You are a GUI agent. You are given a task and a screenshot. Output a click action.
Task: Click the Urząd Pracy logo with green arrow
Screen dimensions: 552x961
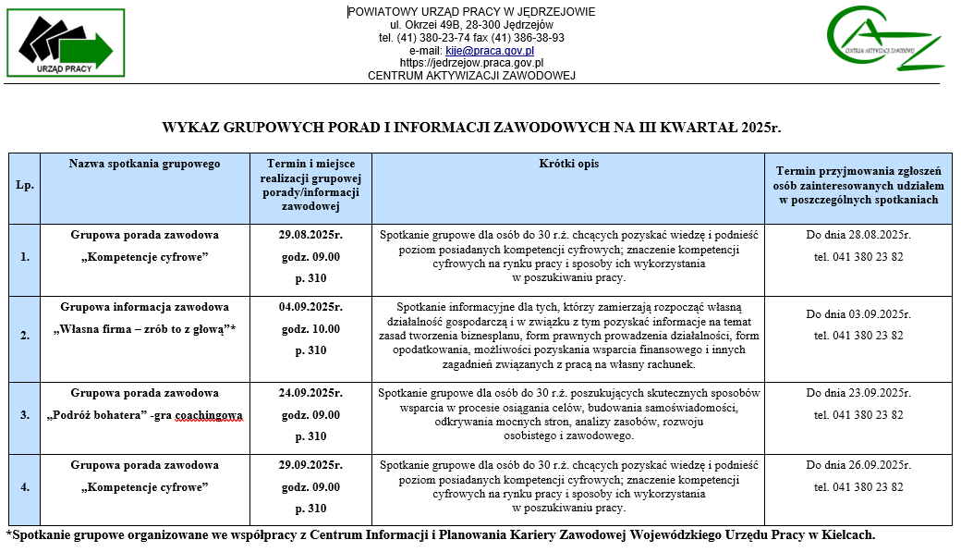(x=66, y=43)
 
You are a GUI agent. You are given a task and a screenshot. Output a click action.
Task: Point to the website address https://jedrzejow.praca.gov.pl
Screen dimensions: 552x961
(x=471, y=63)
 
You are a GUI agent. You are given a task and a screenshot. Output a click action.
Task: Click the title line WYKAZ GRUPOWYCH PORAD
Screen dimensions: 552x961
(x=471, y=127)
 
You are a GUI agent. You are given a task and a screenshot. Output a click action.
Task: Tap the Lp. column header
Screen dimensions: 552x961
(x=25, y=185)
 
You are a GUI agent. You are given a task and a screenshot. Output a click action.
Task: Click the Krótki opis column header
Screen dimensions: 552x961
(x=568, y=164)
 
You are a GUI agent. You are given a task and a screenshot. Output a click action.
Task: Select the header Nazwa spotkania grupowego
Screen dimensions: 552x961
(x=144, y=164)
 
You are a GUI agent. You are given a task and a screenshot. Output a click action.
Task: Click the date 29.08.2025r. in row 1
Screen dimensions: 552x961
(x=310, y=235)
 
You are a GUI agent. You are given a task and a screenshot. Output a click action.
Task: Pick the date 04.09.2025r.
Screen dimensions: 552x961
(x=310, y=307)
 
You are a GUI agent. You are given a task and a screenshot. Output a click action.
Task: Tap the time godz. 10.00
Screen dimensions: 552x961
(x=310, y=328)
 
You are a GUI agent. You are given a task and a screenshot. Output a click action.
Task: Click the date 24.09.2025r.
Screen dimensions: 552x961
(x=310, y=392)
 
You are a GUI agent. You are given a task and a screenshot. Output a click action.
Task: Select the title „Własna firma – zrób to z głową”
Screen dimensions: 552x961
(x=144, y=329)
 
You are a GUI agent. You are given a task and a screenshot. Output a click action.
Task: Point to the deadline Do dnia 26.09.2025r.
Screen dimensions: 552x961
(x=858, y=465)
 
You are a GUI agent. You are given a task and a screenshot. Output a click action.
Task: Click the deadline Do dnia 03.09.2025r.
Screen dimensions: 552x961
(x=858, y=313)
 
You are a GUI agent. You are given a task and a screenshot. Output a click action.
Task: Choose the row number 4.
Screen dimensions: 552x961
(x=25, y=486)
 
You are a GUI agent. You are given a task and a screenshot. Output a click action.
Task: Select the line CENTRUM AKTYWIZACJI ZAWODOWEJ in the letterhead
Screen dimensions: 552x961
(x=471, y=76)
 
